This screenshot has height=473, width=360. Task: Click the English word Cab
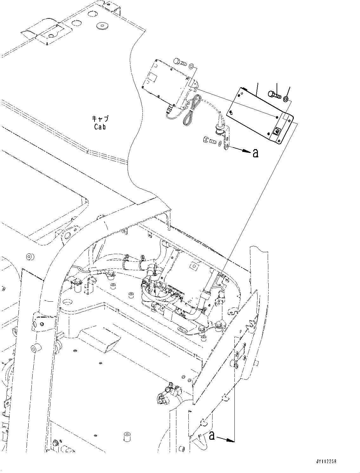tap(100, 127)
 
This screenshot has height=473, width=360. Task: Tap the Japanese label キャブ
tap(100, 119)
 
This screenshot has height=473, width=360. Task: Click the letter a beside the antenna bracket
tap(255, 154)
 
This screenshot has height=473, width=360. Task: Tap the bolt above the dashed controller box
tap(180, 62)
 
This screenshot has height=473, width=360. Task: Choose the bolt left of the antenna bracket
tap(208, 139)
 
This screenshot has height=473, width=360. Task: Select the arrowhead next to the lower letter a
tap(231, 440)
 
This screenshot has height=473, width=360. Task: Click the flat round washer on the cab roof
tap(102, 24)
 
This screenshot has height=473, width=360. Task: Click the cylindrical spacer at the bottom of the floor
tap(127, 436)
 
